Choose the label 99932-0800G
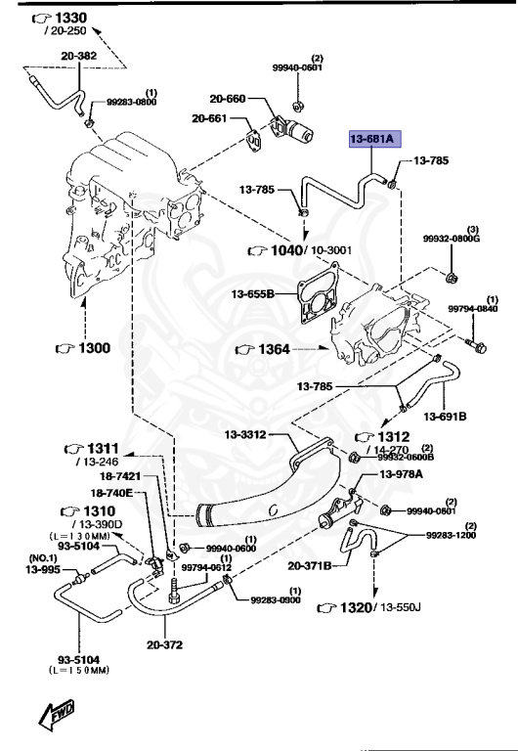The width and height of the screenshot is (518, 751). (451, 238)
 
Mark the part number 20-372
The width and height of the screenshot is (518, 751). (166, 644)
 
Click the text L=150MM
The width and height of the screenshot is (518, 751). (76, 670)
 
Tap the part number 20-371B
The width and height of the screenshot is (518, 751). (311, 565)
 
